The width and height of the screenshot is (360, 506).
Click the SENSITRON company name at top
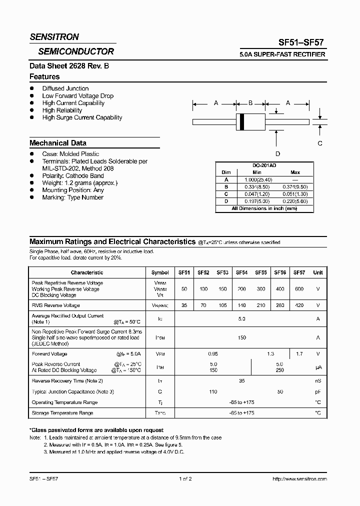(54, 37)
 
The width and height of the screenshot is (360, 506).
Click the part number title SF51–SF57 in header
(301, 43)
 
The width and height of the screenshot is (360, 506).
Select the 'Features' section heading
(44, 77)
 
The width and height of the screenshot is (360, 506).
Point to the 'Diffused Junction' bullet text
(65, 88)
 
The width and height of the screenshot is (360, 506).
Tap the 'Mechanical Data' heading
(58, 143)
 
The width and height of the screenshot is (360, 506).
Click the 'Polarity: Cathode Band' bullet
(73, 176)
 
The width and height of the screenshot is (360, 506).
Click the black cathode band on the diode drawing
(242, 121)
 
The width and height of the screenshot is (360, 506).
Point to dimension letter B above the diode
(250, 103)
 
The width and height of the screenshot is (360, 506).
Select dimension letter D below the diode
(277, 153)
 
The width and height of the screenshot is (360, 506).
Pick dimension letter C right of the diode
(320, 143)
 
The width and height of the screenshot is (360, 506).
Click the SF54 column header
(241, 272)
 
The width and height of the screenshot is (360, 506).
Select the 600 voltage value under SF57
(299, 289)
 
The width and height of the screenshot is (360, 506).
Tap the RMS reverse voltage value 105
(222, 305)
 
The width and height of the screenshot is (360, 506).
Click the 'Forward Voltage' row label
(49, 353)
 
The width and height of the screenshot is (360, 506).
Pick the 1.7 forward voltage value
(299, 353)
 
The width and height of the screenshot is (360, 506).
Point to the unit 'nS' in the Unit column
(317, 381)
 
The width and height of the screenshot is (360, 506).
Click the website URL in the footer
(299, 478)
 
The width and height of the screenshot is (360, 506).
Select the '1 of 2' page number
(185, 478)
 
